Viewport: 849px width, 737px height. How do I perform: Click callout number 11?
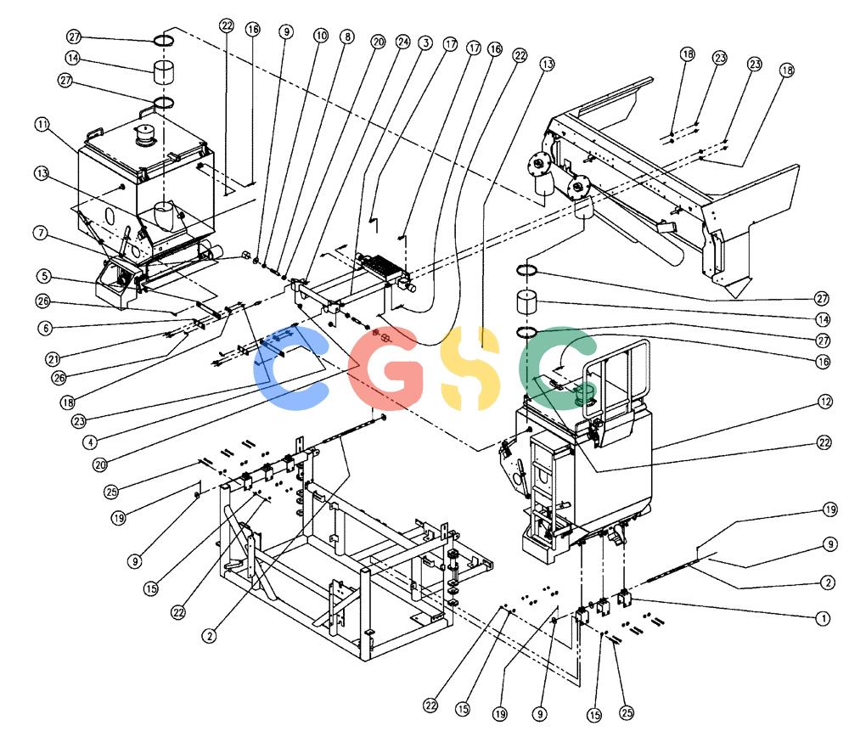click(x=42, y=125)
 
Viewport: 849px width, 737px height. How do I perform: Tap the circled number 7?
click(x=41, y=233)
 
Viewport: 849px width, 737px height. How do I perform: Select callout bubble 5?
click(x=44, y=276)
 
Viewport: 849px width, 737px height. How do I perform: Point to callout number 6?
click(x=46, y=328)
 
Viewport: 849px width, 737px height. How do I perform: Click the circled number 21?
click(x=53, y=358)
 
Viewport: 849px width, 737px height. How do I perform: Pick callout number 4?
click(x=91, y=442)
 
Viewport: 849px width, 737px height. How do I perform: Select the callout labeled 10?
click(x=321, y=36)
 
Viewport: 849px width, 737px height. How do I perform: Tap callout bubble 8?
click(x=347, y=37)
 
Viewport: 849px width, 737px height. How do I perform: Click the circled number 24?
click(x=403, y=41)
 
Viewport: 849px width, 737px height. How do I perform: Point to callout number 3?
click(x=425, y=42)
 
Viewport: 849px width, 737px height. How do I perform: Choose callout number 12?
click(x=824, y=402)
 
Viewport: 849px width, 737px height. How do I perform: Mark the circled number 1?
click(x=823, y=618)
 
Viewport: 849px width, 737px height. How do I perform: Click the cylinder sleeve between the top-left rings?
click(x=164, y=72)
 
